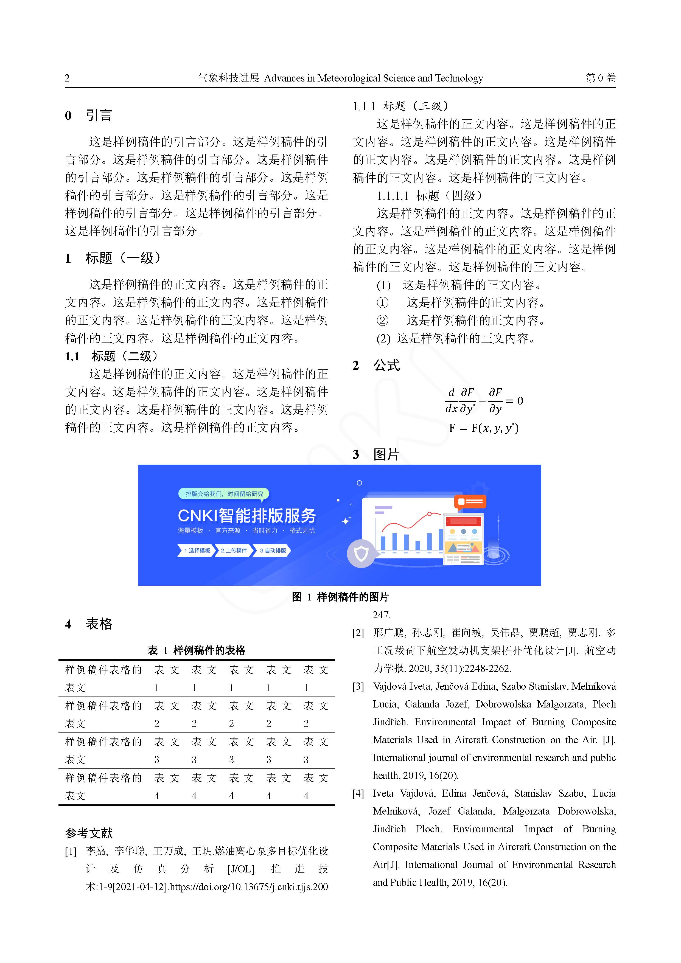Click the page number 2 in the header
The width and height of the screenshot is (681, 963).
tap(67, 78)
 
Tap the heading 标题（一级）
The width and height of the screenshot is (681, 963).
tap(122, 258)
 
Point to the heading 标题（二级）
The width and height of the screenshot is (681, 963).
tap(125, 356)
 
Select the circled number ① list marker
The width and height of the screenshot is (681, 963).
tap(382, 302)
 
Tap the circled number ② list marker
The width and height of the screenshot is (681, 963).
tap(382, 321)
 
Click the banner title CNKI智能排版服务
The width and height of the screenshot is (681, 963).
tap(247, 515)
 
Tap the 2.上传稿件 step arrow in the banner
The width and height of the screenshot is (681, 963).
tap(234, 550)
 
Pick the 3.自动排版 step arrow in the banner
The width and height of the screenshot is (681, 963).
tap(273, 550)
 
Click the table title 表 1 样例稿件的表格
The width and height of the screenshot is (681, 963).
tap(196, 650)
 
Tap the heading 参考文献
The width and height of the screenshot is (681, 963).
tap(89, 833)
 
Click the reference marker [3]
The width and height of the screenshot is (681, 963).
tap(358, 687)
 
